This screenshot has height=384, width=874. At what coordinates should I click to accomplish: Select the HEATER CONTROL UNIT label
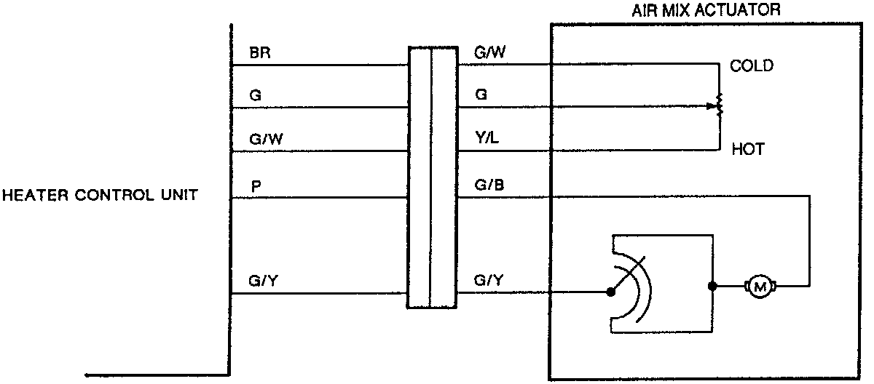pos(99,196)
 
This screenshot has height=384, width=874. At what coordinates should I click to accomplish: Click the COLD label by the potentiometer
pos(752,66)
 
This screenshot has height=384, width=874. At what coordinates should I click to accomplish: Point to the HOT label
pos(747,151)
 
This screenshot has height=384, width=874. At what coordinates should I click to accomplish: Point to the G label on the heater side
pos(254,95)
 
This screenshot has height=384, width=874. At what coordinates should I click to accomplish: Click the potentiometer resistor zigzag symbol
pos(720,105)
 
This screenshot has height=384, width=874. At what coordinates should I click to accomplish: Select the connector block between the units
pos(432,178)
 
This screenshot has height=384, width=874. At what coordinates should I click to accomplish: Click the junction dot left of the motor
pos(712,287)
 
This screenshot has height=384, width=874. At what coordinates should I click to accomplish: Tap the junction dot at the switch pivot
pos(611,293)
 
